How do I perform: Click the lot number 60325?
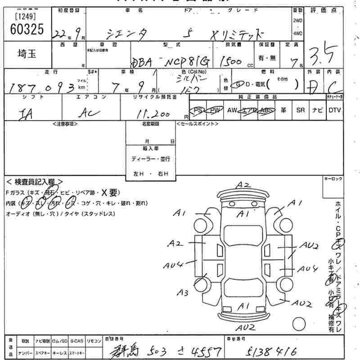point(27,30)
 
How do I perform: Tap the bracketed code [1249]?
point(26,17)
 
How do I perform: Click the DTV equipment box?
point(335,110)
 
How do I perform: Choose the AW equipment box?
point(232,110)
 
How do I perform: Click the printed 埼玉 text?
point(27,54)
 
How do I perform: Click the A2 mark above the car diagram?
point(243,184)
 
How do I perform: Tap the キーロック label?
point(333,179)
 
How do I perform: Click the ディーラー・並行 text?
point(150,159)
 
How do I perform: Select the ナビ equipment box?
point(318,110)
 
